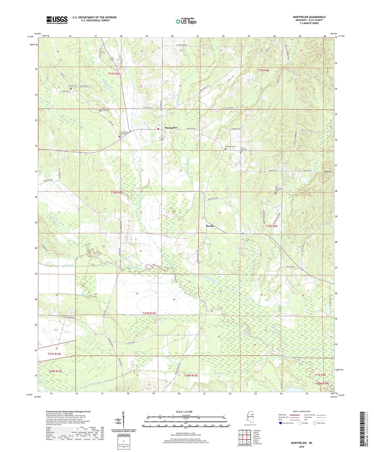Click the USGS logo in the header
pos(57,20)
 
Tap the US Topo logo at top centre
pos(186,21)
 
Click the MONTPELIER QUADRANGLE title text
pos(309,17)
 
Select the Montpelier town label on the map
pos(171,128)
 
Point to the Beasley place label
pos(210,226)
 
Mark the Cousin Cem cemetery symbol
pos(71,88)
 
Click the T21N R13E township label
pos(153,313)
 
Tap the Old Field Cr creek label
pos(71,265)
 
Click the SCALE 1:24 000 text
pos(184,412)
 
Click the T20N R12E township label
pos(55,371)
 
